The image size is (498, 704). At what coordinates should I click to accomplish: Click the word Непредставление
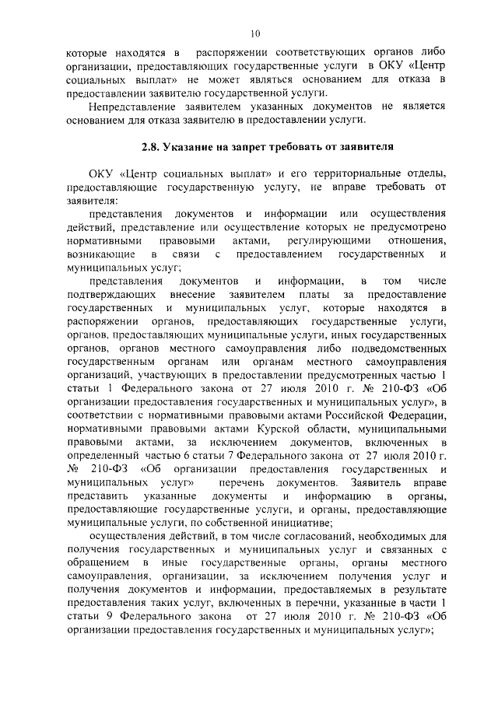[x=137, y=106]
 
